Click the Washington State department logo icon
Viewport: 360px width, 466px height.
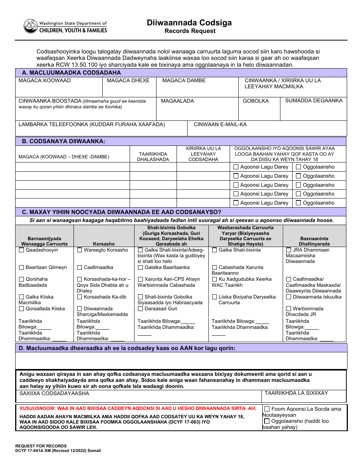31,26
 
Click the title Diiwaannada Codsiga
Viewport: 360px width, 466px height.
189,23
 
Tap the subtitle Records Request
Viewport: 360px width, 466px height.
189,31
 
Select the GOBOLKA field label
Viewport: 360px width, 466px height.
256,101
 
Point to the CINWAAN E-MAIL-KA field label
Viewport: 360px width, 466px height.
220,125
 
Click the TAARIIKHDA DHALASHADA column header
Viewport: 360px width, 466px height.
153,157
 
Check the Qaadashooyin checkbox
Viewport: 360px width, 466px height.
22,250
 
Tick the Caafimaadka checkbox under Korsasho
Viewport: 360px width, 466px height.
80,268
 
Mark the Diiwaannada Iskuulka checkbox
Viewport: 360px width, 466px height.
289,297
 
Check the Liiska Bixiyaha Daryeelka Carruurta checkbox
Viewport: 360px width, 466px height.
215,297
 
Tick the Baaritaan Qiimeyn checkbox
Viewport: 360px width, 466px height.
22,268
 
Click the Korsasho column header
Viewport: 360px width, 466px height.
104,244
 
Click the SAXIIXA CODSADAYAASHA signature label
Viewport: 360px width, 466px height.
54,394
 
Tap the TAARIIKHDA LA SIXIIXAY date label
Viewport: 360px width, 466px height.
296,393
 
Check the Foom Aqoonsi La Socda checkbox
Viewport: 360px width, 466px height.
267,409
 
